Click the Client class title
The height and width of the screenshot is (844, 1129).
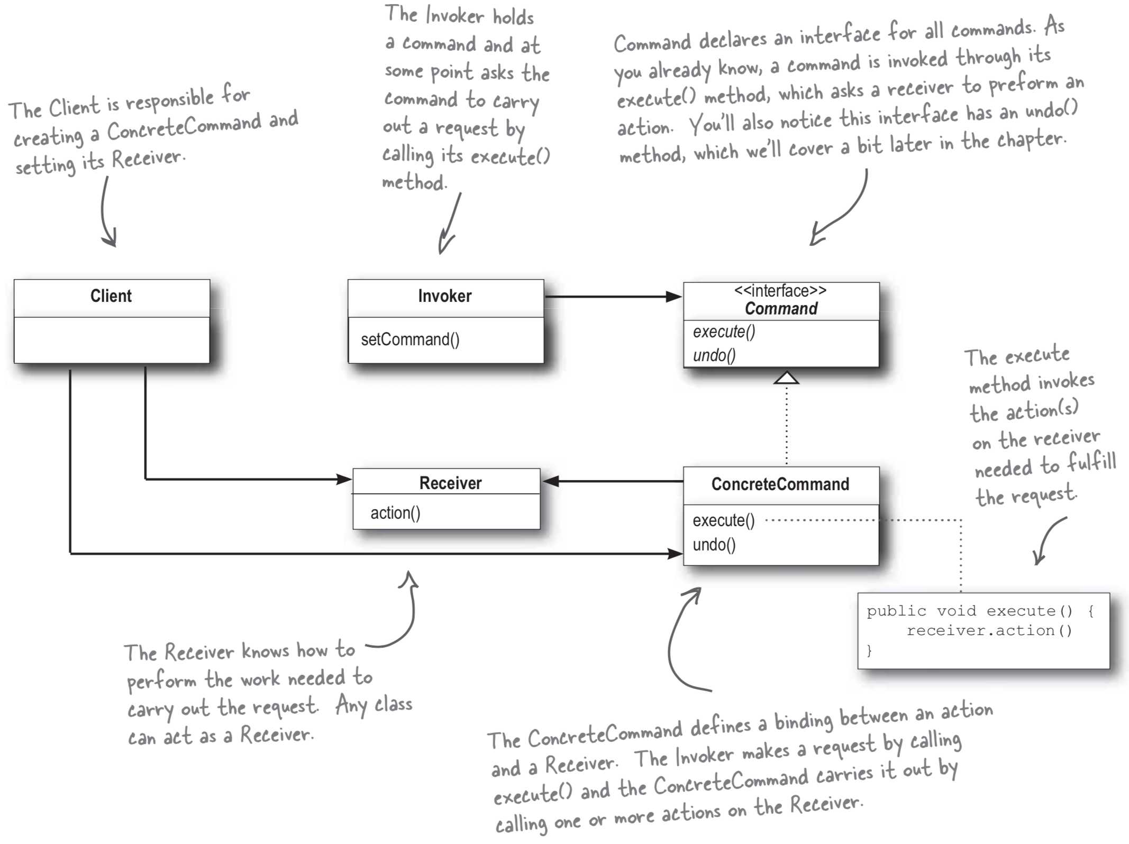(111, 296)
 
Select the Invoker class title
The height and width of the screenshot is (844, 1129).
(444, 296)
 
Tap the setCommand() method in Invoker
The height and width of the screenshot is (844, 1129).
(410, 340)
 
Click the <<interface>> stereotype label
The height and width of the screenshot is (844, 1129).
(780, 291)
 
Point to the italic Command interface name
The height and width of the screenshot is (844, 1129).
(781, 308)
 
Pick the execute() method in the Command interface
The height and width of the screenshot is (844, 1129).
(724, 332)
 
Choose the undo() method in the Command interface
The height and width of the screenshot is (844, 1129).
(714, 355)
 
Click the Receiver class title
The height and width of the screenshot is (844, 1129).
(450, 483)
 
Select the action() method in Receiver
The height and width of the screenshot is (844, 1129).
(395, 513)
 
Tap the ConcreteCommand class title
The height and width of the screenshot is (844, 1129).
(780, 484)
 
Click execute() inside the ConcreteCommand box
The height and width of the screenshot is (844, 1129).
(723, 520)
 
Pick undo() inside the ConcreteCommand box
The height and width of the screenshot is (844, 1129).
(714, 545)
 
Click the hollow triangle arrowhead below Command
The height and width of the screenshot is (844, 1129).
(786, 378)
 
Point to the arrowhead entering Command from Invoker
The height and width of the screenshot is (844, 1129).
(674, 297)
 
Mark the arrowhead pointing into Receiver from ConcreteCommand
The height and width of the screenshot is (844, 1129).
(551, 481)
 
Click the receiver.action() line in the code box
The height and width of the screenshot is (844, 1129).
(989, 630)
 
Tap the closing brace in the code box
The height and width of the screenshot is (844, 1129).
(869, 650)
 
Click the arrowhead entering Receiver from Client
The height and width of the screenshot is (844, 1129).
(344, 480)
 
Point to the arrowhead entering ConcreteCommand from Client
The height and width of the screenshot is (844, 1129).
(675, 554)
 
